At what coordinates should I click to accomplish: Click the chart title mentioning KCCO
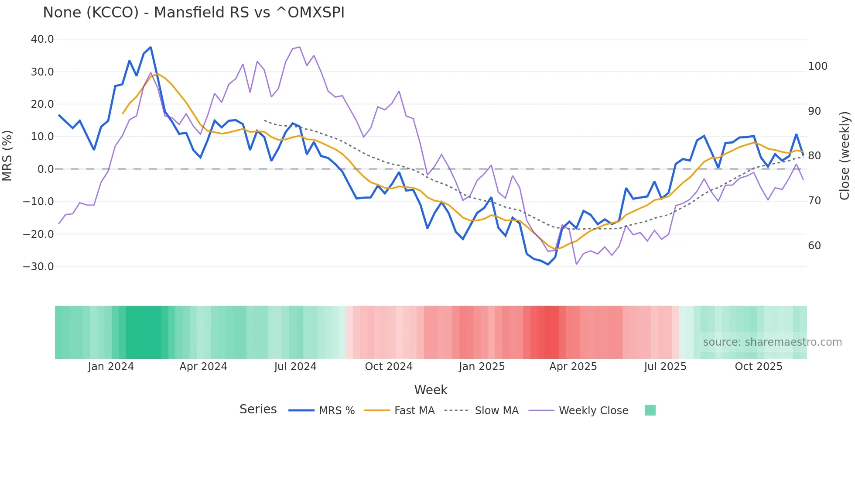tap(194, 13)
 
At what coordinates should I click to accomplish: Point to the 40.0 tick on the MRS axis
tap(42, 39)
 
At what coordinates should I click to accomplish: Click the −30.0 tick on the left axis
tap(38, 266)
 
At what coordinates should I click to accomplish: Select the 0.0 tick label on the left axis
tap(45, 169)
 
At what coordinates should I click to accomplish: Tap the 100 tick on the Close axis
tap(817, 66)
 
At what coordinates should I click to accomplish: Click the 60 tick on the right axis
tap(814, 246)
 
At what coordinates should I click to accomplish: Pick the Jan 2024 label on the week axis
tap(111, 367)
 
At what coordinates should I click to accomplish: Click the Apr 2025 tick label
tap(573, 367)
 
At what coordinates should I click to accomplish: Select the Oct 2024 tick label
tap(389, 367)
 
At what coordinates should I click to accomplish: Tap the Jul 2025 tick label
tap(665, 367)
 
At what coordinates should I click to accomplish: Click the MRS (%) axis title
tap(7, 155)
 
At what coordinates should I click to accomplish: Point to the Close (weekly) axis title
tap(845, 156)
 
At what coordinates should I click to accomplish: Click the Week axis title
tap(431, 390)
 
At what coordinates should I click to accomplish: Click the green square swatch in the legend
tap(650, 410)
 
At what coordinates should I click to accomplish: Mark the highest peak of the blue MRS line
tap(150, 47)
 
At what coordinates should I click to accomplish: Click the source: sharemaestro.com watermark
tap(772, 342)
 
